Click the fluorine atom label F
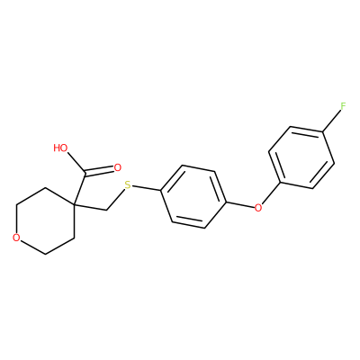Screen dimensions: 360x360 tap(343, 106)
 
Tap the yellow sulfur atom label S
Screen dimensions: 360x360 tap(128, 185)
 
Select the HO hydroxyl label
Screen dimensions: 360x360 tap(60, 148)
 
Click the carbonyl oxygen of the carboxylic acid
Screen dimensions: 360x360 tap(117, 168)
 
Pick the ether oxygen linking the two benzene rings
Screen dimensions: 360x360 tap(257, 207)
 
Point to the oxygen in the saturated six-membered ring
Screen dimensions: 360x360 tap(17, 238)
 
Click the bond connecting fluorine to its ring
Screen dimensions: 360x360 tap(331, 121)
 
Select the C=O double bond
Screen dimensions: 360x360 tap(99, 171)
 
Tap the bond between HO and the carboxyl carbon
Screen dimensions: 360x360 tap(76, 163)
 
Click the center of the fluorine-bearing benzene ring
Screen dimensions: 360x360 tap(301, 157)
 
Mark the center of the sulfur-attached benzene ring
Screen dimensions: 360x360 tap(193, 196)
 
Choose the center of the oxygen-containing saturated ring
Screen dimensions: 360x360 tap(46, 221)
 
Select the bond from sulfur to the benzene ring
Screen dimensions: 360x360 tap(147, 188)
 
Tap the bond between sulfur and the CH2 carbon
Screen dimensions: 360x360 tap(115, 200)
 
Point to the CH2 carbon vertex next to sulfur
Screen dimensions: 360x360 tap(107, 210)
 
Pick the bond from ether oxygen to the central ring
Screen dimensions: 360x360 tap(239, 204)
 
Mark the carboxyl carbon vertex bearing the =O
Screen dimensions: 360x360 tap(85, 174)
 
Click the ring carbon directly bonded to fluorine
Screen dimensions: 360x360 tap(322, 131)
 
